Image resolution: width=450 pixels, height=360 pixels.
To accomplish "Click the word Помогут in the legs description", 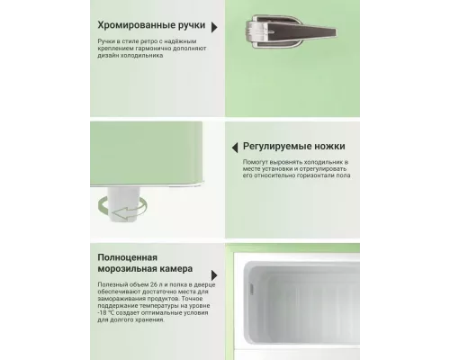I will tap(257, 163).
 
